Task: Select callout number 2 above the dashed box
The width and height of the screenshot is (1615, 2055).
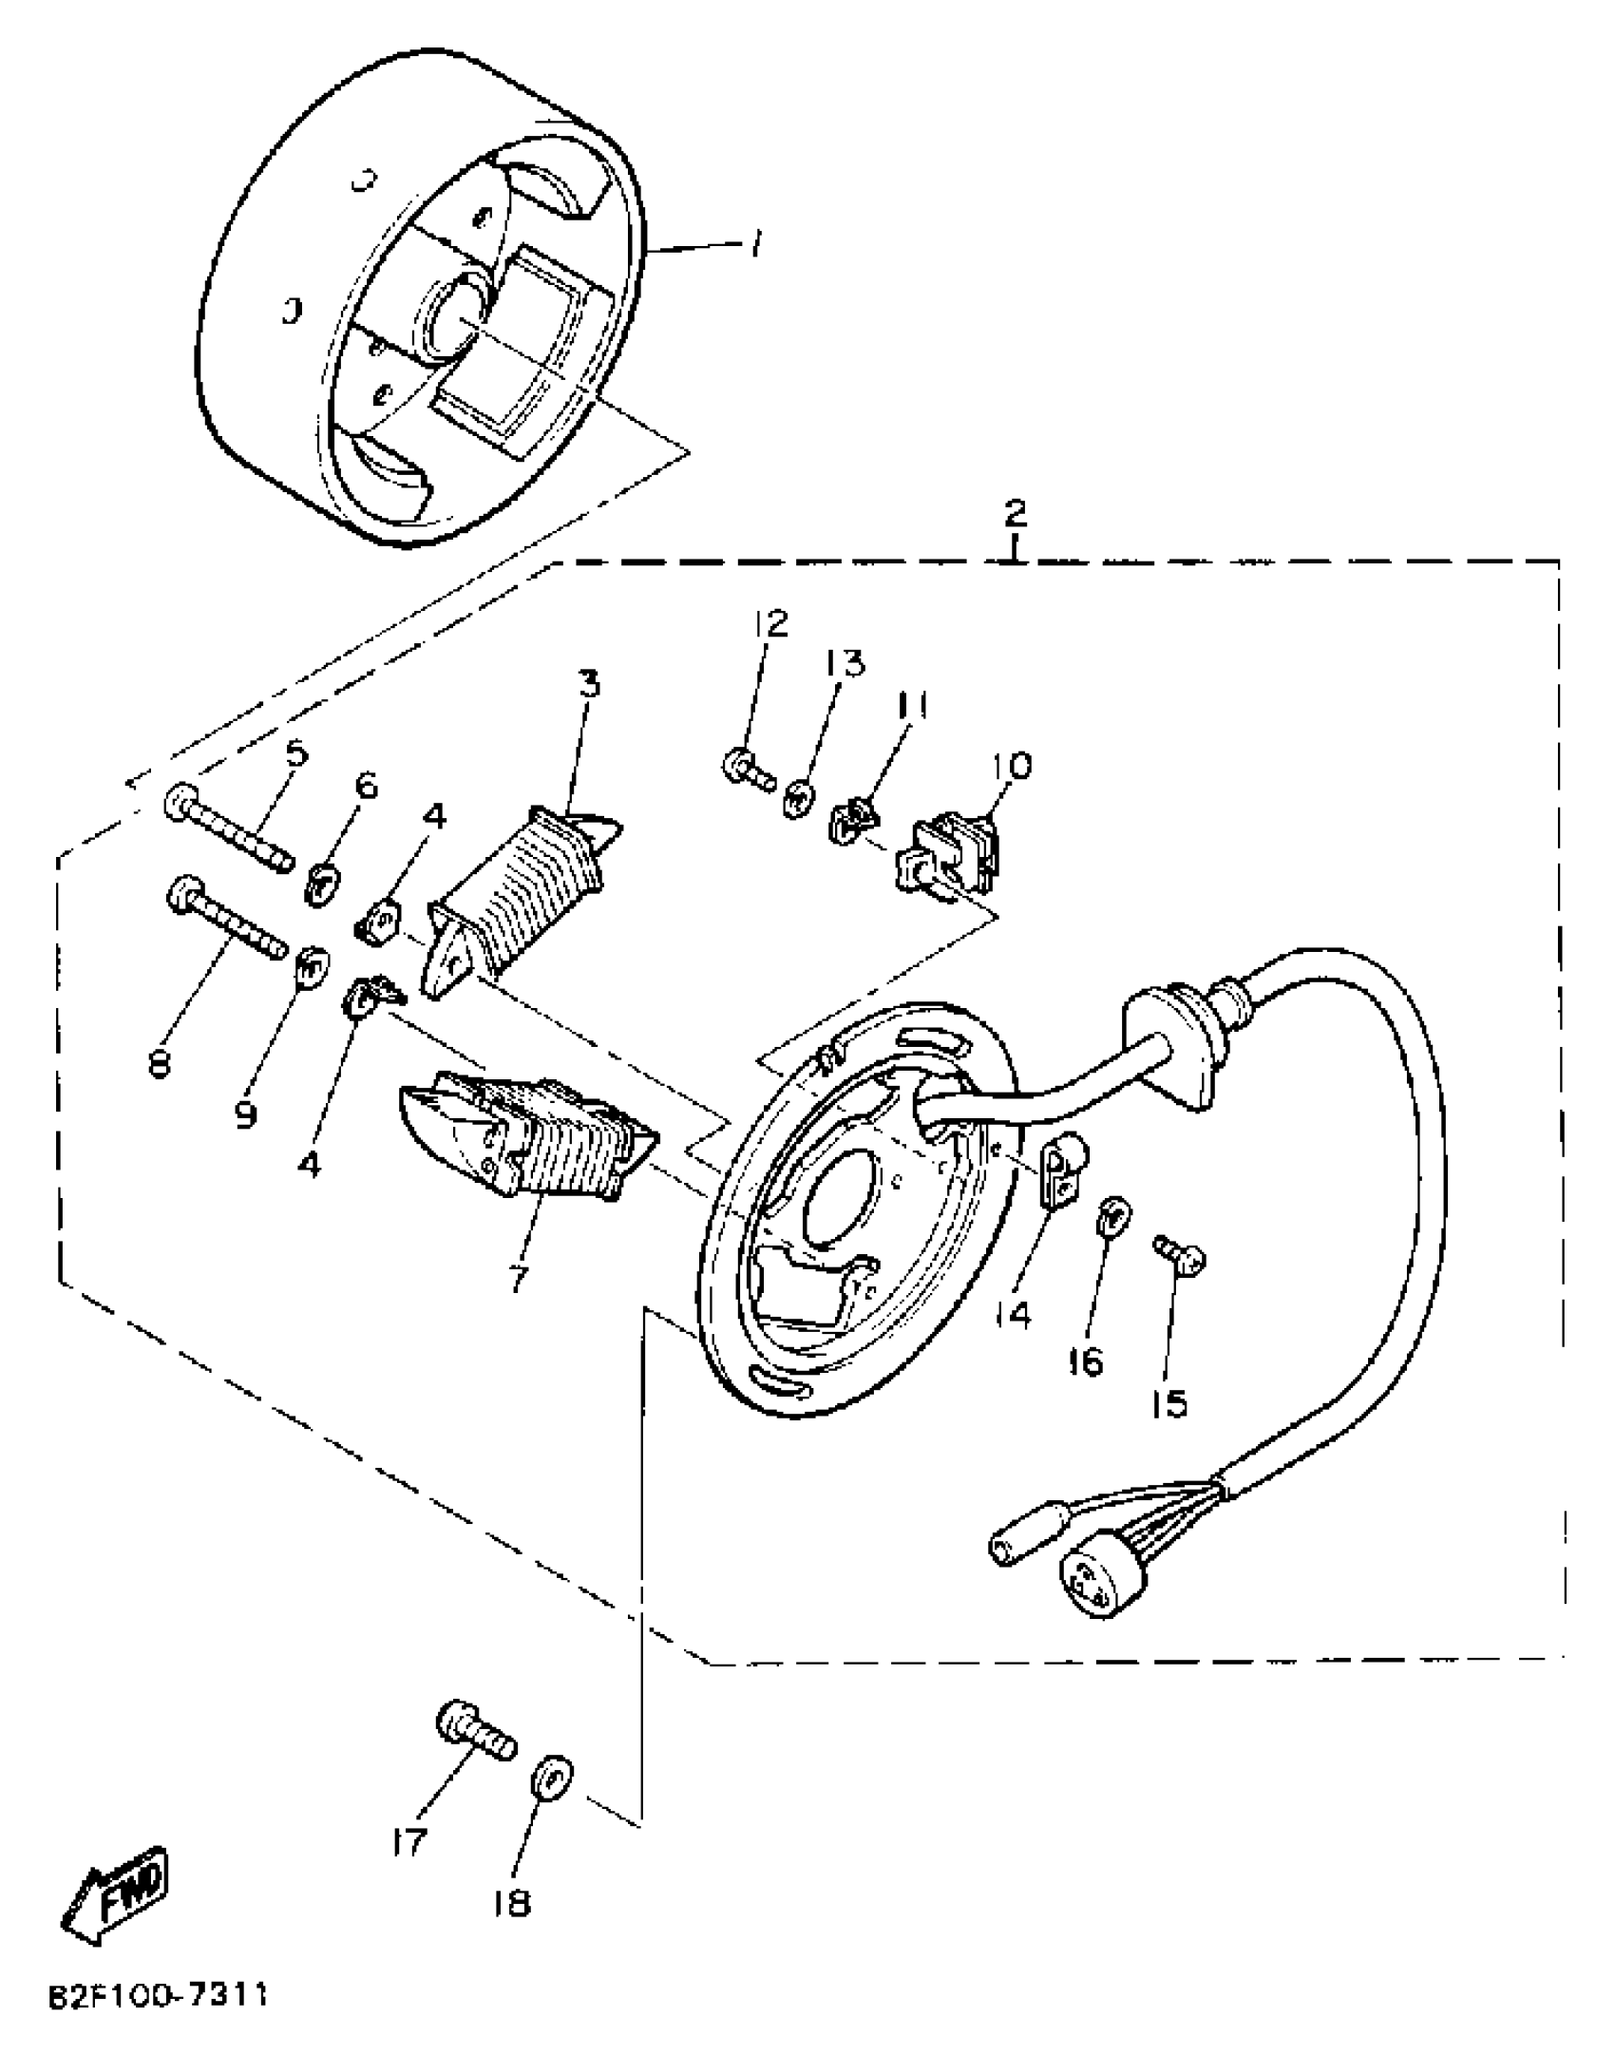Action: [x=1015, y=513]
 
